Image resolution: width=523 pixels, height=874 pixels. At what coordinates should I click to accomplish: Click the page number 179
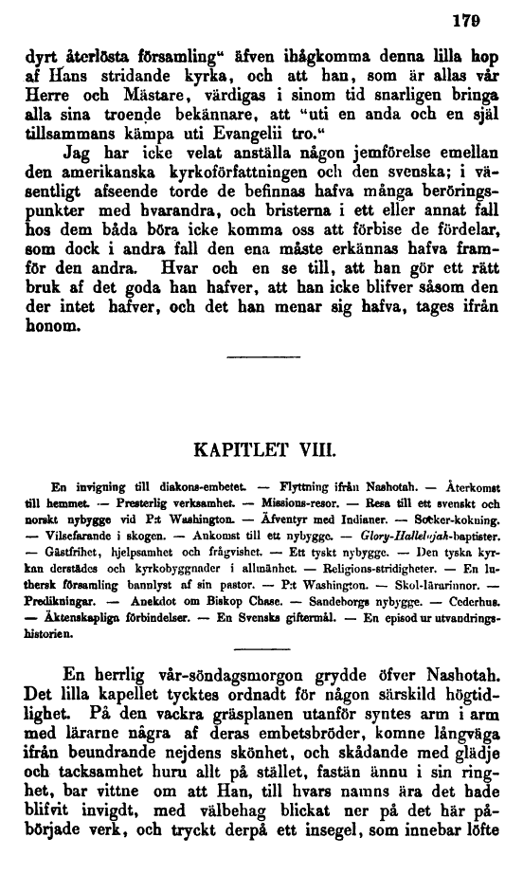tap(488, 16)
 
